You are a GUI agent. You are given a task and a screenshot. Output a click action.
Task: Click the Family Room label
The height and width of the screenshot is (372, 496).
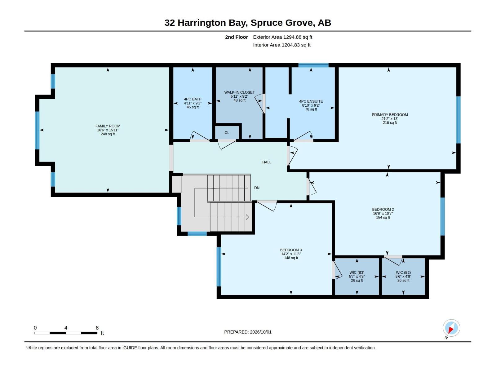click(108, 126)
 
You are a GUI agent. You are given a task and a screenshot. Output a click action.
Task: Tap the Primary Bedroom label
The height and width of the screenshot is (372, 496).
click(390, 114)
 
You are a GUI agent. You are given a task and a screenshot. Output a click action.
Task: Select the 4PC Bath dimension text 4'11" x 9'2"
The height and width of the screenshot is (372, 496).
click(193, 103)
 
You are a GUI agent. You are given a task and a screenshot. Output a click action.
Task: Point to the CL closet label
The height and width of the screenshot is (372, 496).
click(227, 133)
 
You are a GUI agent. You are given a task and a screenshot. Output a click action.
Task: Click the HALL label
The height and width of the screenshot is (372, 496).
click(267, 162)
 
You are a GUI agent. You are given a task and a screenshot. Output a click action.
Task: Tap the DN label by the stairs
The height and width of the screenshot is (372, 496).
click(257, 188)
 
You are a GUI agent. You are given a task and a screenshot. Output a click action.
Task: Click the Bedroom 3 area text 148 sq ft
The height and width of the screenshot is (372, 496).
click(291, 258)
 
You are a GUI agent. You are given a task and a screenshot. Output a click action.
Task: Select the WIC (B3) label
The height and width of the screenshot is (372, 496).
click(357, 272)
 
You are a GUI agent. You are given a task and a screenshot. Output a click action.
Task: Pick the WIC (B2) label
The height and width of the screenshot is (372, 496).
click(403, 272)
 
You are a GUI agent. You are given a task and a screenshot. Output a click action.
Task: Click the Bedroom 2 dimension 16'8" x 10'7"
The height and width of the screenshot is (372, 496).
click(383, 213)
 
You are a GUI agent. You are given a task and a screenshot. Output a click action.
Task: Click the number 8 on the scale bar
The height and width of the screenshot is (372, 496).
click(97, 327)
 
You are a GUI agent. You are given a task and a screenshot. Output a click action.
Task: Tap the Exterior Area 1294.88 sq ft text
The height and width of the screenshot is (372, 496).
click(282, 37)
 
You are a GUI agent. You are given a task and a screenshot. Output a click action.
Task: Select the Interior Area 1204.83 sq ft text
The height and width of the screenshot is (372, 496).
click(281, 45)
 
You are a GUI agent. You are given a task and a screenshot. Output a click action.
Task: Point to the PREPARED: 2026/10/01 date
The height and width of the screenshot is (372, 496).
click(248, 332)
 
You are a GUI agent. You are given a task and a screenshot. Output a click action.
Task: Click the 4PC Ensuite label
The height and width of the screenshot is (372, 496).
click(311, 101)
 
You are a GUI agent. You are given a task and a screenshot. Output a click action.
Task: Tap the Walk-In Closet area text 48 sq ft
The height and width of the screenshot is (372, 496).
click(239, 100)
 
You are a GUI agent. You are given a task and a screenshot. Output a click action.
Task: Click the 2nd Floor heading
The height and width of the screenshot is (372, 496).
click(236, 37)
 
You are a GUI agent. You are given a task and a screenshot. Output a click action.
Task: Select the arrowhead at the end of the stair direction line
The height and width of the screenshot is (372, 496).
click(247, 217)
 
